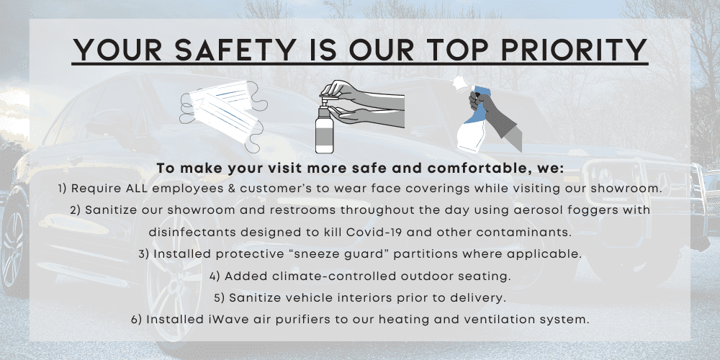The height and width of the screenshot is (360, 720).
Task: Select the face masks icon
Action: coord(224,117)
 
